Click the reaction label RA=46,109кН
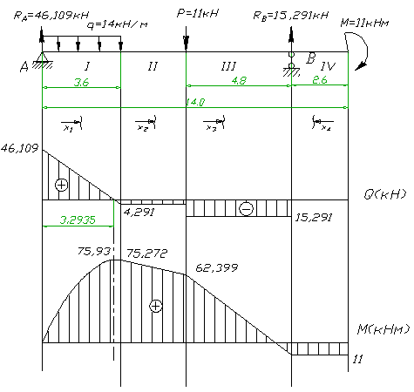coord(51,16)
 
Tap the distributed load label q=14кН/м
coord(118,25)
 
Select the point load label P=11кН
coord(198,13)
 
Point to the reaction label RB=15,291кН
coord(291,15)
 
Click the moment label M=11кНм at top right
coord(364,23)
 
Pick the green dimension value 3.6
coord(81,83)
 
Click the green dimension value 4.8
coord(239,80)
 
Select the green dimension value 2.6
coord(320,80)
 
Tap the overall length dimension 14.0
coord(195,102)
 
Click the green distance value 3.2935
coord(78,220)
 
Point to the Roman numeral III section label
coord(228,66)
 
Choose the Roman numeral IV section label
coord(328,66)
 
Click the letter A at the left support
coord(24,67)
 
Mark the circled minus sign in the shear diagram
coord(247,208)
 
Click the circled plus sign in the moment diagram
coord(156,306)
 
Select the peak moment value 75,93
coord(94,251)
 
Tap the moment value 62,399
coord(217,267)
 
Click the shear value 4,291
coord(139,213)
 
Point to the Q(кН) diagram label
coord(385,194)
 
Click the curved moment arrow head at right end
coord(361,66)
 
